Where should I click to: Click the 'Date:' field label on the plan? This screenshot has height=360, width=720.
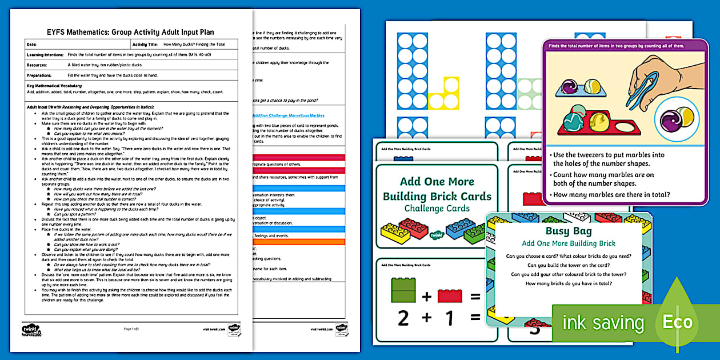tap(32, 44)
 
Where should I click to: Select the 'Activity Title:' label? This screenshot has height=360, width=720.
tap(145, 44)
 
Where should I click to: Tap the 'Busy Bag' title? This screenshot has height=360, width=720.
tap(569, 231)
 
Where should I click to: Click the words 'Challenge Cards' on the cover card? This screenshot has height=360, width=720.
tap(437, 209)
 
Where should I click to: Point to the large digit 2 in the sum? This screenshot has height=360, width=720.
tap(403, 318)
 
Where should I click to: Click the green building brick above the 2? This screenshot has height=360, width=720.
tap(403, 289)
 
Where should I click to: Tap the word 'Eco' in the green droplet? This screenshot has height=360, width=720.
tap(677, 323)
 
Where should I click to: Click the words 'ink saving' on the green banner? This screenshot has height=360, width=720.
tap(603, 323)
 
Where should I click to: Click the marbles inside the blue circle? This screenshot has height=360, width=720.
tap(677, 119)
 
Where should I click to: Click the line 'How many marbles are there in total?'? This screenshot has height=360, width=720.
tap(610, 194)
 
